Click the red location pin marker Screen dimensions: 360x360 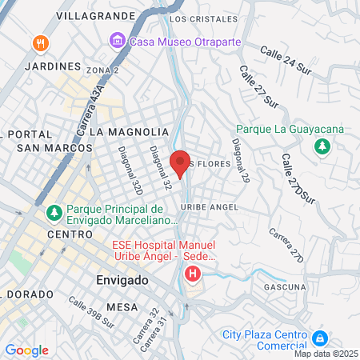pyautogui.click(x=180, y=162)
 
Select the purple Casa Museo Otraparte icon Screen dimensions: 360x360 pyautogui.click(x=118, y=40)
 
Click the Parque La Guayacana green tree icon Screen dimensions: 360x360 pyautogui.click(x=322, y=146)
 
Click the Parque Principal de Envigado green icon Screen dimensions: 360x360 pyautogui.click(x=54, y=214)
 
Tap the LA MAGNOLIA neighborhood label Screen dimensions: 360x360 pyautogui.click(x=129, y=130)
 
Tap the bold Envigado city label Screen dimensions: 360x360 pyautogui.click(x=122, y=281)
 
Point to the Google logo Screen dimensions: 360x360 pyautogui.click(x=26, y=350)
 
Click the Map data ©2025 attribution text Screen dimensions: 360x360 pyautogui.click(x=326, y=354)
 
